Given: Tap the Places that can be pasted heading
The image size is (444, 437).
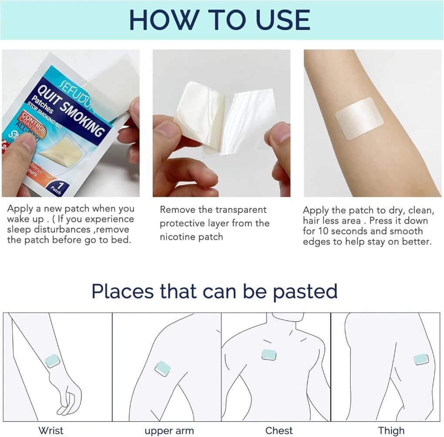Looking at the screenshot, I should (x=214, y=291).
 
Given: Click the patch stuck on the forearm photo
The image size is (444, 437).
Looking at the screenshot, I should (x=359, y=118).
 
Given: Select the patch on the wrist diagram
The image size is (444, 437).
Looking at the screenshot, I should (x=52, y=361).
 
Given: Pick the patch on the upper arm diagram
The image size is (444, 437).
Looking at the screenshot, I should (x=163, y=368).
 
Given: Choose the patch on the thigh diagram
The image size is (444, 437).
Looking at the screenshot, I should (x=421, y=359).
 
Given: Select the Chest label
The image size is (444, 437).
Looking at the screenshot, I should (x=279, y=430).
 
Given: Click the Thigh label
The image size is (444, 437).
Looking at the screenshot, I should (x=391, y=430).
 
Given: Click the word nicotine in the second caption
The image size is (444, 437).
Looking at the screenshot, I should (x=178, y=237).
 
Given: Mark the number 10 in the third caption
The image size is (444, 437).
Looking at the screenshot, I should (x=325, y=231).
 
